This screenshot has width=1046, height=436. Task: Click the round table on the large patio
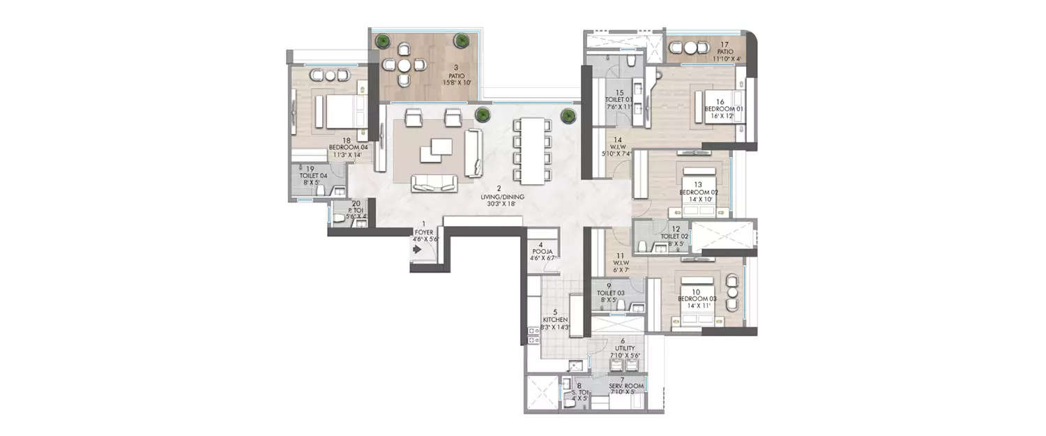[x=404, y=65]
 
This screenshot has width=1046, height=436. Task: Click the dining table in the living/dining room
[x=531, y=150]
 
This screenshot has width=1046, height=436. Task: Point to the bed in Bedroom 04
[x=340, y=112]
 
